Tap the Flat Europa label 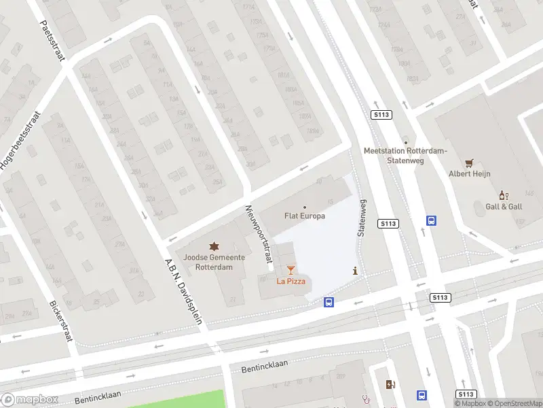(x=304, y=216)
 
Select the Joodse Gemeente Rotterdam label (x=214, y=262)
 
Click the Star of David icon (x=214, y=245)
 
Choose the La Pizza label (x=291, y=281)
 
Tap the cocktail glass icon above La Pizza (x=291, y=270)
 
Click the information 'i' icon (x=355, y=271)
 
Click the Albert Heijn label (x=469, y=174)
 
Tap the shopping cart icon (x=469, y=163)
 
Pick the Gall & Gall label (x=504, y=206)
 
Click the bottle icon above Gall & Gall (x=504, y=195)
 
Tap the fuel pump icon (x=390, y=385)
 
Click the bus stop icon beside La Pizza (x=329, y=302)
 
